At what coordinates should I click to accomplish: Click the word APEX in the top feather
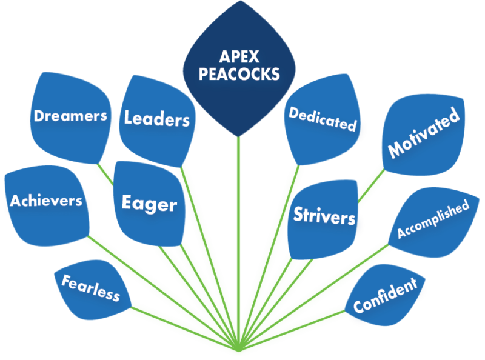coord(239,56)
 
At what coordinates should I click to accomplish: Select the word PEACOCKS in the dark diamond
coord(239,74)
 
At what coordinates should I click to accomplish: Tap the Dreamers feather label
coord(70,116)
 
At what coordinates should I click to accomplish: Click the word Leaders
coord(157,118)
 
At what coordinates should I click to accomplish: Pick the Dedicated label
coord(323,119)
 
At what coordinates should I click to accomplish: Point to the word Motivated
coord(424,132)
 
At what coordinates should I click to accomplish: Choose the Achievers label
coord(46,201)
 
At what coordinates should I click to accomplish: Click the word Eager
coord(149,204)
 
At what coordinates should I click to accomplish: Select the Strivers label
coord(324,215)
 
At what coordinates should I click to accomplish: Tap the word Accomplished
coord(433,219)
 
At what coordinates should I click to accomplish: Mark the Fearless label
coord(90,288)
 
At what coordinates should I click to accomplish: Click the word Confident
coord(385,295)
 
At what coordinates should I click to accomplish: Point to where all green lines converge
coord(239,351)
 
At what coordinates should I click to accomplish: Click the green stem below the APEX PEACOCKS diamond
coord(238,244)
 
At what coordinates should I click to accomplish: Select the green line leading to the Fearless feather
coord(185,329)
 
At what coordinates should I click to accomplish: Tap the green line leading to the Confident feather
coord(292,331)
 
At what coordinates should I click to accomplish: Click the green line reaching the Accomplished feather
coord(314,298)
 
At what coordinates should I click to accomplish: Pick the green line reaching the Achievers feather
coord(163,293)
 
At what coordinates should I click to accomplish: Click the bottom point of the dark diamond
coord(238,136)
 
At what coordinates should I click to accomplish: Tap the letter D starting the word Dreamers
coord(38,116)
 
